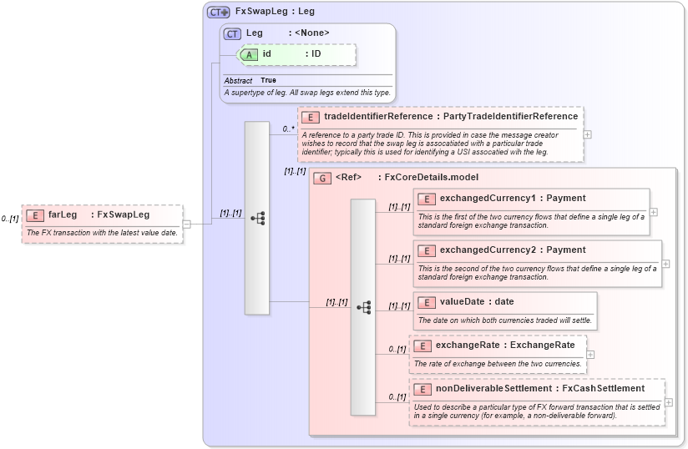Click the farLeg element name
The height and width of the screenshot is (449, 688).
[63, 214]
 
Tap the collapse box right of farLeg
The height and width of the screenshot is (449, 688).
[187, 224]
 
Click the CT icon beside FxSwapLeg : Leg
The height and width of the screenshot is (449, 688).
[219, 12]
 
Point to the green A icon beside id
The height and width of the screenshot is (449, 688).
[249, 54]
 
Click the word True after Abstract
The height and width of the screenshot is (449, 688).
[268, 80]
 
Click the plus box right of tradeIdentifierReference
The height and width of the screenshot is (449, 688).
[588, 134]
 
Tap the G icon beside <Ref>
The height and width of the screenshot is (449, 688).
[321, 178]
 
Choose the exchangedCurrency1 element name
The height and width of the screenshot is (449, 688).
[487, 198]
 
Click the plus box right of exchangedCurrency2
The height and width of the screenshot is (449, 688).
[665, 264]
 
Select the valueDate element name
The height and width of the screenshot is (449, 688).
[464, 301]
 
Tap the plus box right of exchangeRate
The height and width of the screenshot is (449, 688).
[590, 354]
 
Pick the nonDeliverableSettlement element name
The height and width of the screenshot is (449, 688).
[493, 388]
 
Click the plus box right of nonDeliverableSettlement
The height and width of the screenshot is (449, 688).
[669, 402]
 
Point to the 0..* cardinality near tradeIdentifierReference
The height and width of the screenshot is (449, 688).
[288, 129]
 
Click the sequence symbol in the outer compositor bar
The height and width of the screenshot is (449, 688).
[257, 218]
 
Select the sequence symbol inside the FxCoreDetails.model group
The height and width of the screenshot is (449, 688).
[363, 307]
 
